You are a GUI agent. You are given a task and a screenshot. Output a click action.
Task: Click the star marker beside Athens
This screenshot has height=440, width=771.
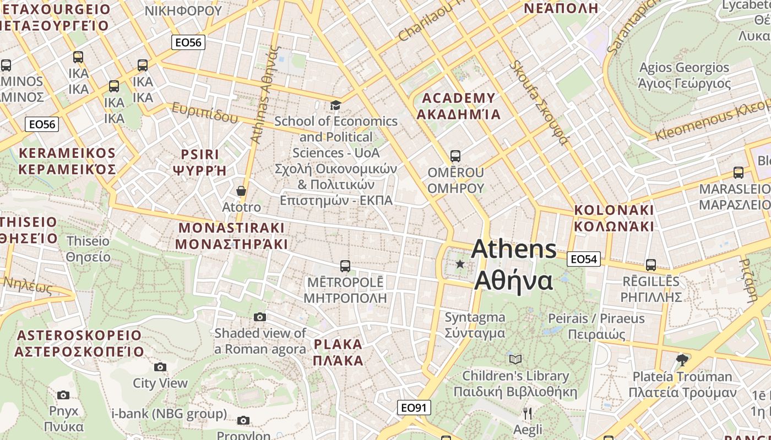click(x=460, y=265)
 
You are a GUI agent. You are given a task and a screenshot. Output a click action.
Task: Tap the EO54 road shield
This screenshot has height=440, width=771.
click(x=583, y=259)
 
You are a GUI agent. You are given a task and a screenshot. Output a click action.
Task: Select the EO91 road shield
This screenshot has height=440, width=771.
click(x=414, y=408)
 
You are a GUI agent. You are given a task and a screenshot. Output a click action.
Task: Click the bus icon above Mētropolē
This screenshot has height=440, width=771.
click(x=345, y=266)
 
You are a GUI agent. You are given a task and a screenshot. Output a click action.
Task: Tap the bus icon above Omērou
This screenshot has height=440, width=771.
click(x=455, y=156)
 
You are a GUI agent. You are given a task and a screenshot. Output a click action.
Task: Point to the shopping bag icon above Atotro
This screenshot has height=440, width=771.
click(x=241, y=191)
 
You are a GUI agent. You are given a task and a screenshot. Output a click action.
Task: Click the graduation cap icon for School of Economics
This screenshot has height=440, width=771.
click(x=335, y=105)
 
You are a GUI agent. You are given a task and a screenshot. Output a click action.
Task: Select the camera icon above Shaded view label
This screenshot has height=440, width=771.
click(x=260, y=317)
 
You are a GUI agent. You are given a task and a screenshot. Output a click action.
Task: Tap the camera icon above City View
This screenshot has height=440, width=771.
click(x=160, y=367)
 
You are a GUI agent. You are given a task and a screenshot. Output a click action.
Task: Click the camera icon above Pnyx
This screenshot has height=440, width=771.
click(x=63, y=395)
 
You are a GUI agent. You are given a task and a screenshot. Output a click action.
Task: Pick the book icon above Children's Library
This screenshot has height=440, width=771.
click(x=515, y=360)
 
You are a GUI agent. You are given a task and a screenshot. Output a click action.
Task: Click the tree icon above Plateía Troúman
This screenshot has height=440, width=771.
click(x=682, y=360)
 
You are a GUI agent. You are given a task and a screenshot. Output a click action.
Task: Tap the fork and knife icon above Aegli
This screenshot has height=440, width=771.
click(x=528, y=413)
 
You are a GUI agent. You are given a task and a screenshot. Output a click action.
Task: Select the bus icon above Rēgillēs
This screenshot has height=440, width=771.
click(x=651, y=265)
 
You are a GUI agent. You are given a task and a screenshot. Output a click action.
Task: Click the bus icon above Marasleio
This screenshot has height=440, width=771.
click(x=739, y=173)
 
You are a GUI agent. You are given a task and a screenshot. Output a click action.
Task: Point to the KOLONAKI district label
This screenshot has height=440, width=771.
click(x=614, y=210)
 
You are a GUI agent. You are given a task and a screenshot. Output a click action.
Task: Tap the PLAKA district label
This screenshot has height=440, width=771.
click(x=338, y=345)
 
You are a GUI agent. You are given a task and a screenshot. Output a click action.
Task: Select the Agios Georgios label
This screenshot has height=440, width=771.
click(x=684, y=68)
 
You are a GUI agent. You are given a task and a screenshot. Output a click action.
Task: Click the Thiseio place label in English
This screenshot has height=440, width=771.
click(x=88, y=241)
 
